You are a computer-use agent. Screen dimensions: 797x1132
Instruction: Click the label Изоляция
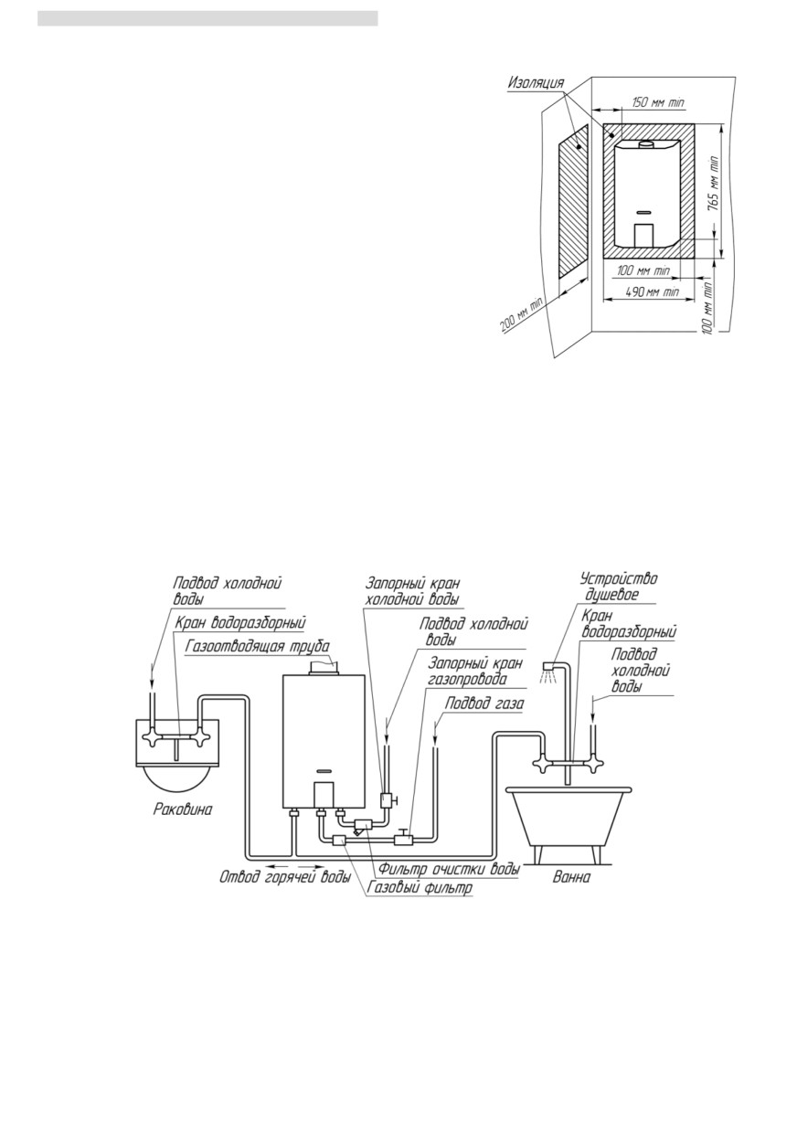(536, 82)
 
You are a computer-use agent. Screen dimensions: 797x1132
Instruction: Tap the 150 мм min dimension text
(658, 102)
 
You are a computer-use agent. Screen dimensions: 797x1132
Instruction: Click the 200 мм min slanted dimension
(521, 316)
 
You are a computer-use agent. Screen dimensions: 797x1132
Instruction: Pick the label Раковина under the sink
(183, 809)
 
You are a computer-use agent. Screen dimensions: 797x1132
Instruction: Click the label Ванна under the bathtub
(572, 877)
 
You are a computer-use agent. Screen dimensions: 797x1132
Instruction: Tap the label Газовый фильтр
(420, 887)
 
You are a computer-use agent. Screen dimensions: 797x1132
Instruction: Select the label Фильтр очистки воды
(449, 869)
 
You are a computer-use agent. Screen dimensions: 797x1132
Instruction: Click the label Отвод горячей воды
(285, 877)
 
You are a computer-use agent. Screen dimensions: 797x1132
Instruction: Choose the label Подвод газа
(485, 704)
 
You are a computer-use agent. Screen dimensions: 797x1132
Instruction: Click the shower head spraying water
(547, 672)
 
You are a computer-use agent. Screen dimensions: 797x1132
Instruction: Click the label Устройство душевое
(619, 587)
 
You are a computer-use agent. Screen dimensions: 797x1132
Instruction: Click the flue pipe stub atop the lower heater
(322, 669)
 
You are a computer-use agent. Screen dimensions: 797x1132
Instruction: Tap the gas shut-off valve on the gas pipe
(404, 838)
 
